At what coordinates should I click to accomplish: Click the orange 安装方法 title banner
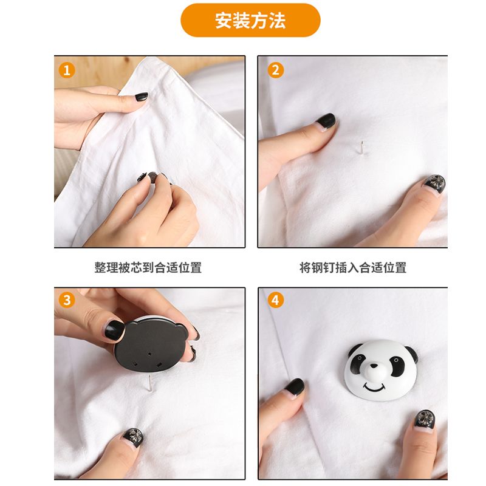pyautogui.click(x=250, y=21)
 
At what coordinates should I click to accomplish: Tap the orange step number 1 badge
pyautogui.click(x=67, y=70)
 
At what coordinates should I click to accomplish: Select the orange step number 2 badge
pyautogui.click(x=275, y=70)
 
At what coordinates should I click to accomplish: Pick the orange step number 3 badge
pyautogui.click(x=67, y=300)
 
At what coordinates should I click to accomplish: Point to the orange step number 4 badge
pyautogui.click(x=275, y=300)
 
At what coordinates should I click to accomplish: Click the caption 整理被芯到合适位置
pyautogui.click(x=148, y=267)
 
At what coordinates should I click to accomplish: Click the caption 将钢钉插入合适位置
pyautogui.click(x=353, y=267)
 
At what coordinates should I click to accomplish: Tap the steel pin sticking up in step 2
pyautogui.click(x=361, y=148)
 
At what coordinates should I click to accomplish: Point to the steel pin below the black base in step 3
pyautogui.click(x=149, y=382)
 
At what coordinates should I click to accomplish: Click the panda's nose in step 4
pyautogui.click(x=374, y=369)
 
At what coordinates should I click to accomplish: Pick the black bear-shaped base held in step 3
pyautogui.click(x=150, y=345)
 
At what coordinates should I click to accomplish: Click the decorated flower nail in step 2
pyautogui.click(x=435, y=183)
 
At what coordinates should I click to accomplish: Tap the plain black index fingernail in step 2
pyautogui.click(x=326, y=120)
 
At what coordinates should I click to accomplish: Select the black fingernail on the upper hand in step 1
pyautogui.click(x=142, y=97)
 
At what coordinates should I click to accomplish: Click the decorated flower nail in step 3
pyautogui.click(x=133, y=437)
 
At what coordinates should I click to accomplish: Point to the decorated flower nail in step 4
pyautogui.click(x=424, y=419)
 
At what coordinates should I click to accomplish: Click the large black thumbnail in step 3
pyautogui.click(x=114, y=330)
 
